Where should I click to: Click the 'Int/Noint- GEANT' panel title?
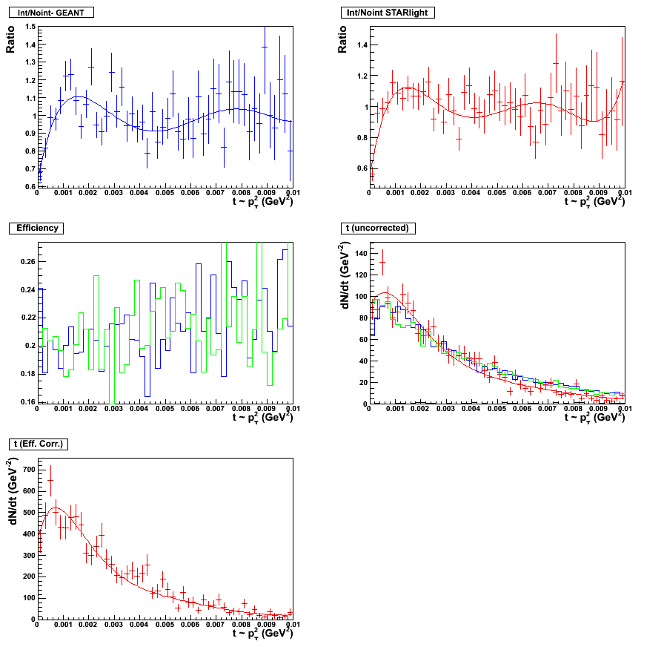pyautogui.click(x=50, y=13)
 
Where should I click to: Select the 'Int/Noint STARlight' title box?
pyautogui.click(x=386, y=13)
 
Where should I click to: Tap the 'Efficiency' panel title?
pyautogui.click(x=38, y=228)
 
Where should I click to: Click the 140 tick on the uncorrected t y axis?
pyautogui.click(x=359, y=254)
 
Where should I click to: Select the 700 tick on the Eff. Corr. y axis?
pyautogui.click(x=26, y=470)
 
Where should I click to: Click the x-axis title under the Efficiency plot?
pyautogui.click(x=262, y=417)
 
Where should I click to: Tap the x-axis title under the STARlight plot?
pyautogui.click(x=594, y=201)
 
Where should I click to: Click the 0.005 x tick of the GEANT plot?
pyautogui.click(x=165, y=194)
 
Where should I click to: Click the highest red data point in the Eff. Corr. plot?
pyautogui.click(x=50, y=481)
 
